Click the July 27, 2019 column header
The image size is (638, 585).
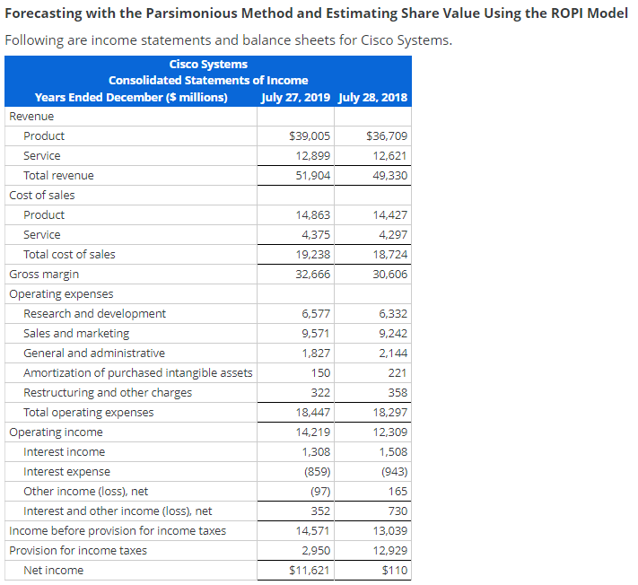point(295,97)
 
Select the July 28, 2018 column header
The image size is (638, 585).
point(373,97)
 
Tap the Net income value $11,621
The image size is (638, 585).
point(310,571)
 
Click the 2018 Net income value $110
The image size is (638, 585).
point(394,571)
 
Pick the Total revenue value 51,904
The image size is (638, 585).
point(313,176)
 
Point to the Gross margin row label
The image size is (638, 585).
point(44,275)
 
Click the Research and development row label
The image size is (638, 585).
point(94,314)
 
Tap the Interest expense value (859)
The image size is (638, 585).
point(316,472)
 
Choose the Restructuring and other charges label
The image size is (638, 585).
point(107,393)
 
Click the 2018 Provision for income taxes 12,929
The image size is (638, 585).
point(389,551)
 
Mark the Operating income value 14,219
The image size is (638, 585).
point(313,432)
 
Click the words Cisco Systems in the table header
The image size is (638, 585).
point(208,64)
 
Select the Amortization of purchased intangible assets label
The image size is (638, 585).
point(137,373)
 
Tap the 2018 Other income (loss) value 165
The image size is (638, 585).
point(398,492)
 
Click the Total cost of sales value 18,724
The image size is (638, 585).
point(389,255)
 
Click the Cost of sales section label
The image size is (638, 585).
point(42,196)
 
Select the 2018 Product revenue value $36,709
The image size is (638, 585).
point(388,136)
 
